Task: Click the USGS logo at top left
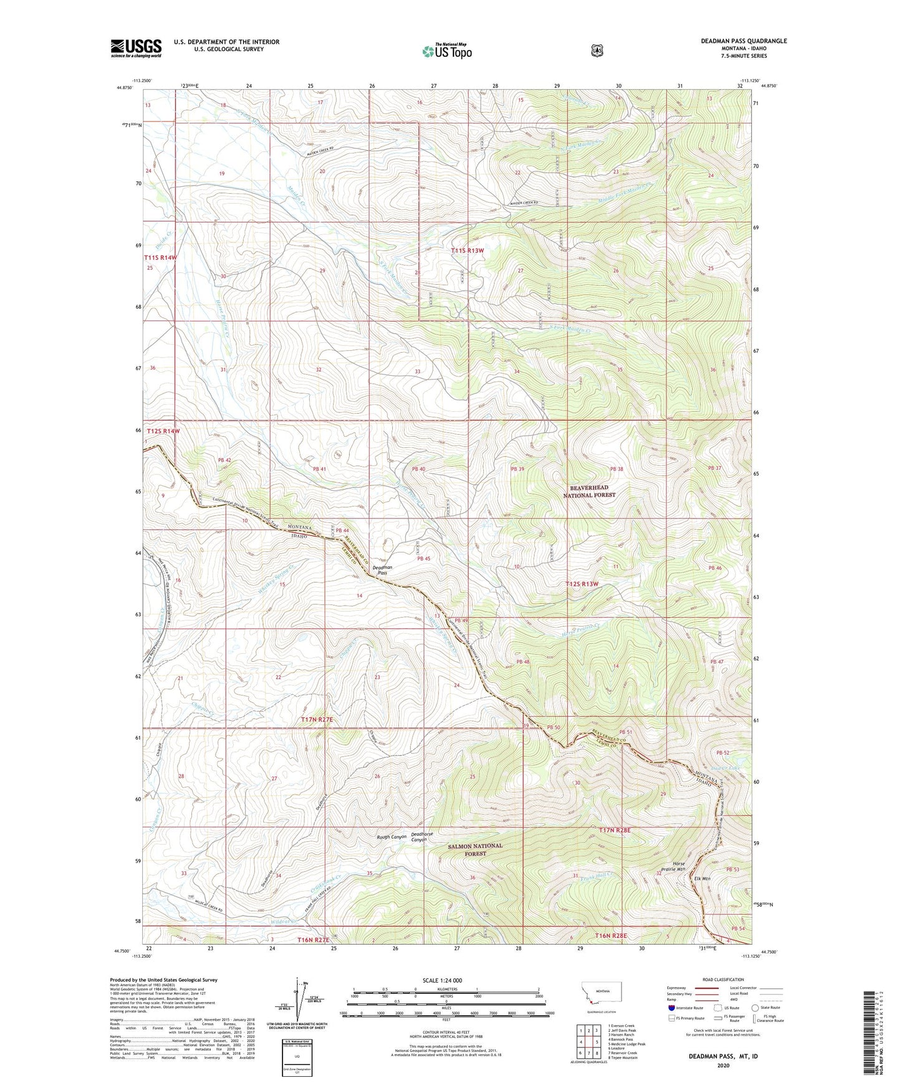136,48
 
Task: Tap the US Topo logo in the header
446,51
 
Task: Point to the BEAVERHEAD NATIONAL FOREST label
589,491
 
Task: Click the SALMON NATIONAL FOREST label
475,849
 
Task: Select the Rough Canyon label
391,836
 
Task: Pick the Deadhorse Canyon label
422,837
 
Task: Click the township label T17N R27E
317,719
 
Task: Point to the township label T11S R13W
467,251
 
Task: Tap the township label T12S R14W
163,431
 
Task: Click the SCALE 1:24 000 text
442,980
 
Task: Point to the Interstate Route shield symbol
671,1008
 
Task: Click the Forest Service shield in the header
597,50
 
